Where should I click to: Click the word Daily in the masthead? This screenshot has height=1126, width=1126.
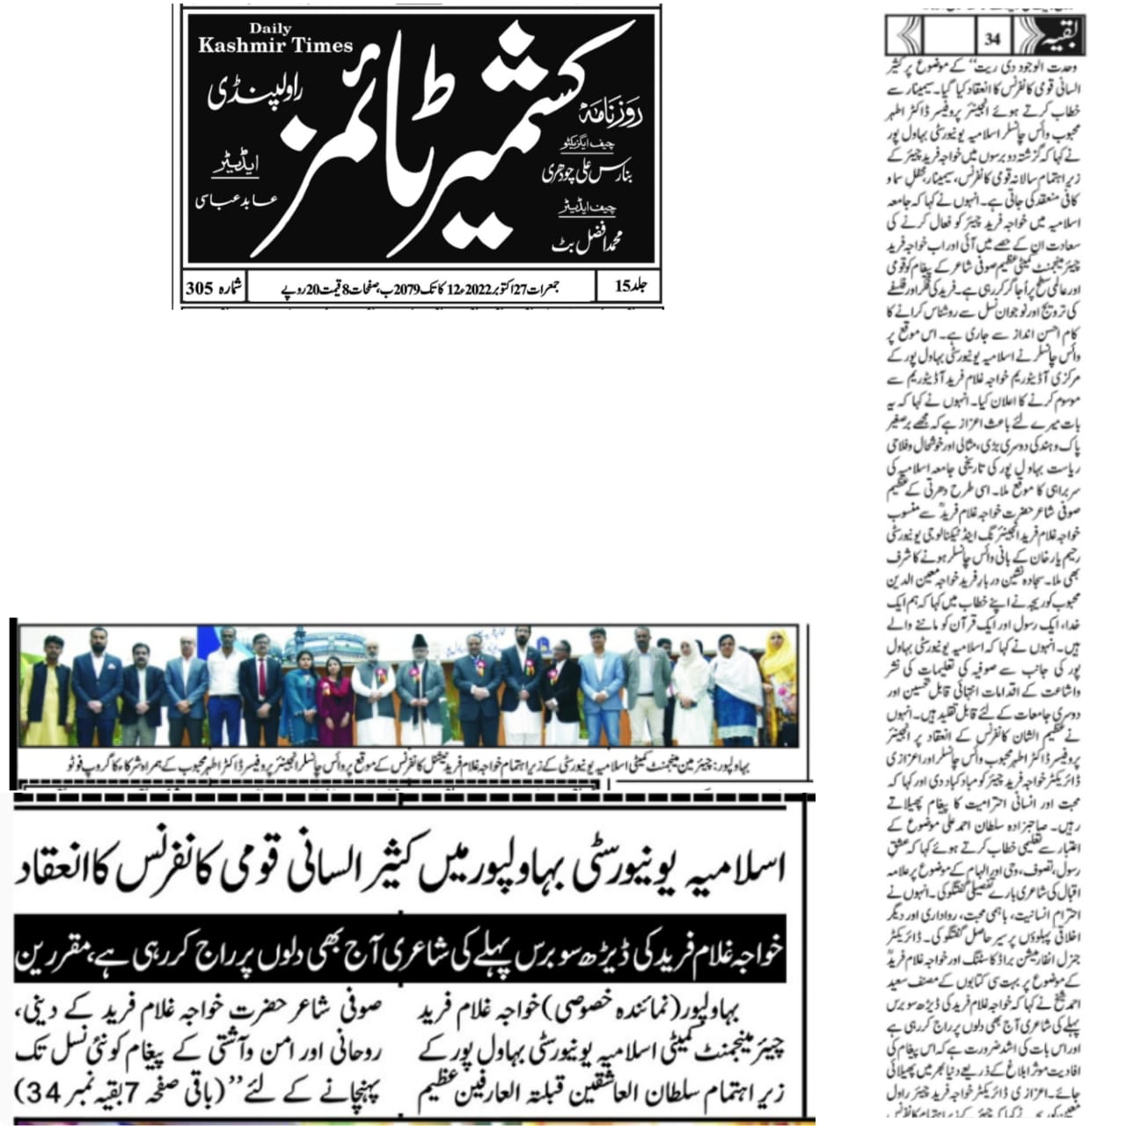coord(269,30)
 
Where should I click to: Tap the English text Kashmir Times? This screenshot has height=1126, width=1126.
coord(275,46)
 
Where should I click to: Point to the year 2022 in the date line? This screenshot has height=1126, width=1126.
coord(481,288)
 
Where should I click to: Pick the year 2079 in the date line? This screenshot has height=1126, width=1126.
coord(406,288)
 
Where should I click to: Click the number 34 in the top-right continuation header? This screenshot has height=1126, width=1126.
coord(993,39)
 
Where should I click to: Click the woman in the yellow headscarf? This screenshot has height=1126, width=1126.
coord(779,682)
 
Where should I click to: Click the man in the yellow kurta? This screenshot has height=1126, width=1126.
coord(48,691)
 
